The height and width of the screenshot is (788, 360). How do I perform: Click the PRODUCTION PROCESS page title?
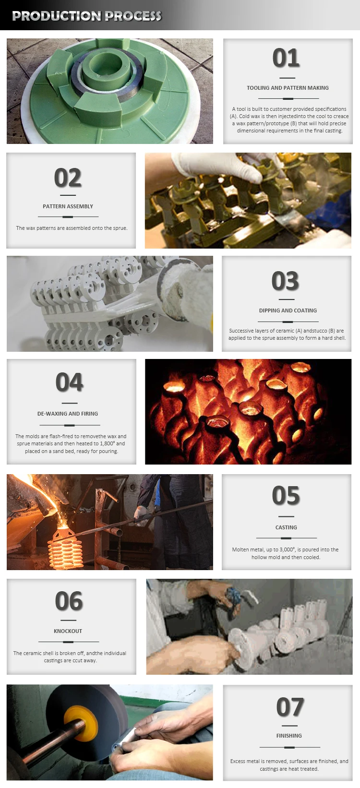[x=86, y=16]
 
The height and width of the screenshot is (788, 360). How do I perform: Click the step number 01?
[x=286, y=58]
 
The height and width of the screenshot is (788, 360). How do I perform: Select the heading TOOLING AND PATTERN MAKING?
[x=288, y=88]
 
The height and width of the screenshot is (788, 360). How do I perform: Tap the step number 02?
[x=68, y=178]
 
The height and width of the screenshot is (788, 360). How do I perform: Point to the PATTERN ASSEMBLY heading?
[x=68, y=206]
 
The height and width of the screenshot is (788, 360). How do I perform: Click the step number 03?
[x=285, y=281]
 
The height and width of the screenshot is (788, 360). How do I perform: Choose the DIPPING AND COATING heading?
[x=288, y=310]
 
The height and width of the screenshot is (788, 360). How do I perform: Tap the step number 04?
[x=70, y=382]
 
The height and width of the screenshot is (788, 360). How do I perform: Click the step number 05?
[x=286, y=496]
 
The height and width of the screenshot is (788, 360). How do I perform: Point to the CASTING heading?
[x=286, y=527]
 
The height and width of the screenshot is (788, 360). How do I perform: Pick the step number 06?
[x=69, y=601]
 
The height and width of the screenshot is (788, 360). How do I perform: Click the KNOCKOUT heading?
[x=68, y=631]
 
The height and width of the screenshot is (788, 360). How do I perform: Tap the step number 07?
[x=290, y=707]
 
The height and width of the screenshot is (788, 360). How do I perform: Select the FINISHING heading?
[x=289, y=736]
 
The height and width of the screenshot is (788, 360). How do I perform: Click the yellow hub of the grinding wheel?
[x=80, y=731]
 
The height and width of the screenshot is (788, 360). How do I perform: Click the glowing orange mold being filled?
[x=65, y=547]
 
